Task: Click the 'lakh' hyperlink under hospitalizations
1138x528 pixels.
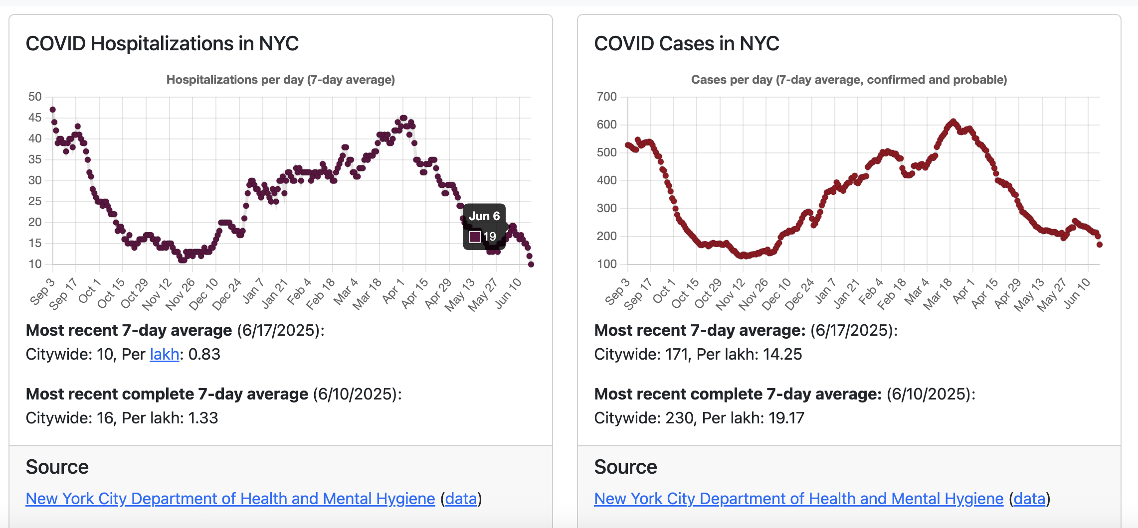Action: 164,354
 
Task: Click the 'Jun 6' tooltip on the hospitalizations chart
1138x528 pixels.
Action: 484,216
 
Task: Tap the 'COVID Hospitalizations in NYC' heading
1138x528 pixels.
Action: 162,44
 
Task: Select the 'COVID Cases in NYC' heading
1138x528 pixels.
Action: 686,44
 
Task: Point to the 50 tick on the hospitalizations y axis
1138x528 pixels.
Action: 35,97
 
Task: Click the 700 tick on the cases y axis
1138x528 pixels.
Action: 606,97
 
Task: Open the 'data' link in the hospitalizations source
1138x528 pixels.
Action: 461,499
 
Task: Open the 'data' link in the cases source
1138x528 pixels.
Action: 1029,499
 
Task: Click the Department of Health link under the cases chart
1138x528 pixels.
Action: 798,499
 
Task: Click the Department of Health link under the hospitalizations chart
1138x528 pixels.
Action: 230,499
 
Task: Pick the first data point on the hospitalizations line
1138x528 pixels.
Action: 52,110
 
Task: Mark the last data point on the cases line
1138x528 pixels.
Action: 1099,245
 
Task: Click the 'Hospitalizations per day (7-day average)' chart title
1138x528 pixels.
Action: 280,80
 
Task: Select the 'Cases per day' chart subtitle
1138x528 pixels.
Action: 849,80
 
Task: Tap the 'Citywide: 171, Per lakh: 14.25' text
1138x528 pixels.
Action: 698,354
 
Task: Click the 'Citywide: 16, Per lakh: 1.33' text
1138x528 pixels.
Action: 122,418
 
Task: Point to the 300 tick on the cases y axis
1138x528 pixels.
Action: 606,208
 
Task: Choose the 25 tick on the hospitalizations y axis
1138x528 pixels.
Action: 35,201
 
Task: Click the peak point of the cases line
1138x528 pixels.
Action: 953,121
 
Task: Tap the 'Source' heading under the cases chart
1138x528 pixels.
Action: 625,467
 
